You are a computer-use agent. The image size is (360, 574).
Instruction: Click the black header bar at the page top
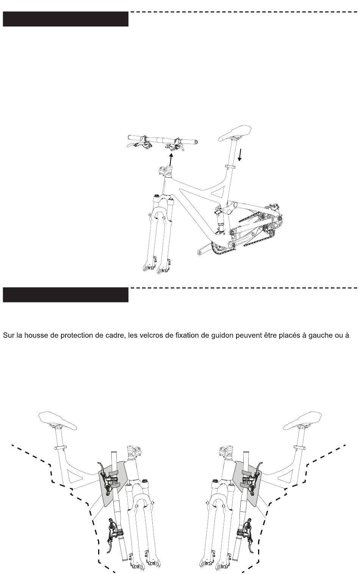pyautogui.click(x=66, y=19)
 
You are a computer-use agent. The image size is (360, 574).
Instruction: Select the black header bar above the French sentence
pyautogui.click(x=66, y=295)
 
